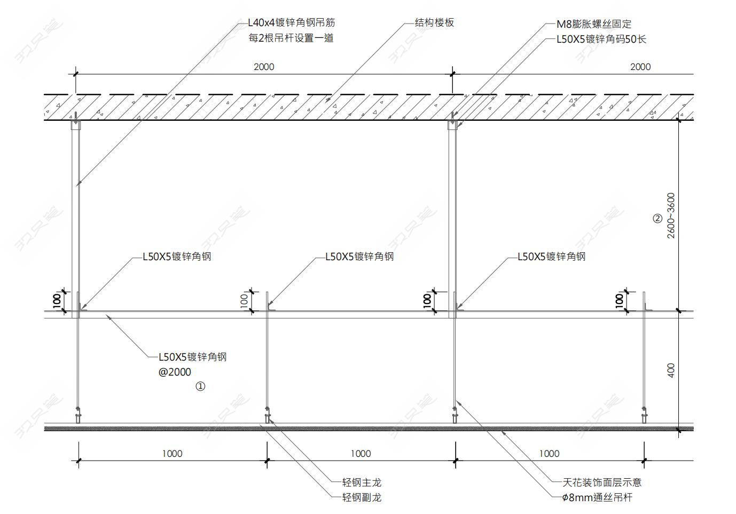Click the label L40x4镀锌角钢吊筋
[291, 23]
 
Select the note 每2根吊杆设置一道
[291, 38]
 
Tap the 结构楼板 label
[434, 22]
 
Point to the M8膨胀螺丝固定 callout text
[594, 24]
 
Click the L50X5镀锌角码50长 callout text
[601, 39]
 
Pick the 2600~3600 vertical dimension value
[671, 215]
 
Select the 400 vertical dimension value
[671, 370]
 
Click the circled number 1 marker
[200, 386]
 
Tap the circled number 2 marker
[657, 219]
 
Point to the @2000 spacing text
[175, 372]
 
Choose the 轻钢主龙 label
[362, 482]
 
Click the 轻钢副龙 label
[362, 497]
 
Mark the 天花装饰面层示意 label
[602, 482]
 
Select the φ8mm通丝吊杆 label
[597, 497]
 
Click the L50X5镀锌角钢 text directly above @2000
[193, 357]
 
